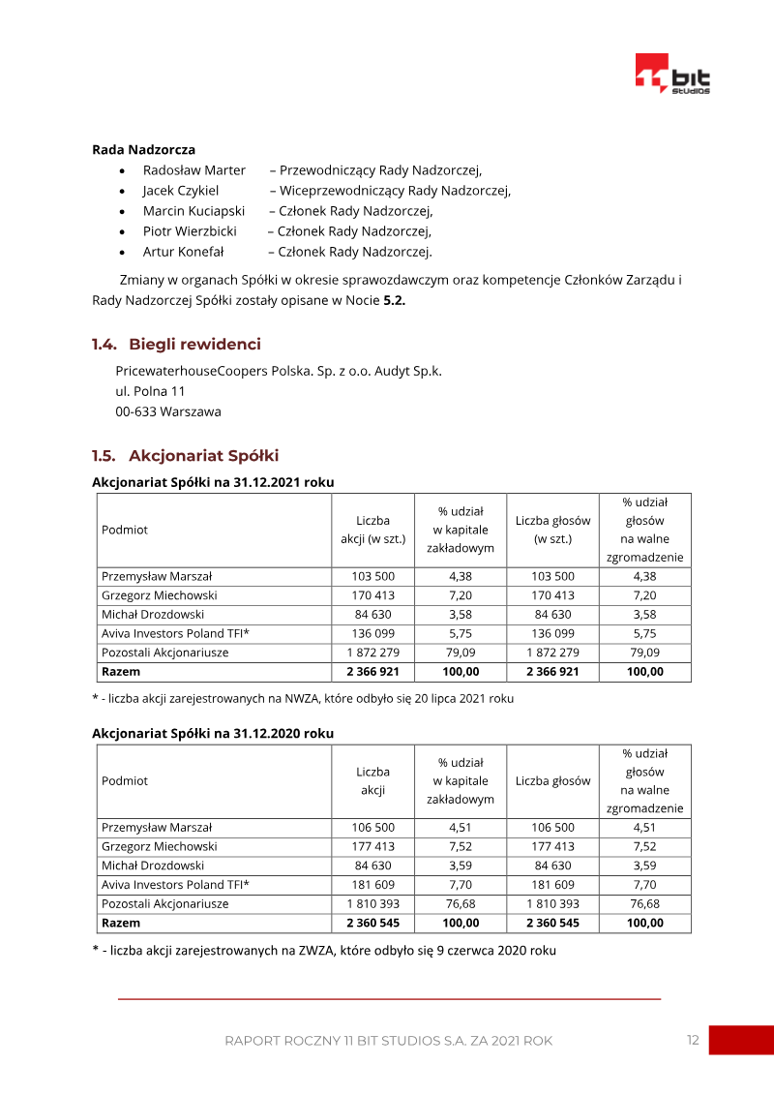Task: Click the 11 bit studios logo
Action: [672, 75]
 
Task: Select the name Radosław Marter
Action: [193, 170]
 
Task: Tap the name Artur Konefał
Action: [183, 252]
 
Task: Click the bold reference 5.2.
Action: [394, 300]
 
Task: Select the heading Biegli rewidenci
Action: [194, 345]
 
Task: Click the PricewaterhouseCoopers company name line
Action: [279, 371]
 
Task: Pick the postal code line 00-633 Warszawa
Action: [167, 411]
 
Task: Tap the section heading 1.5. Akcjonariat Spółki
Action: [185, 456]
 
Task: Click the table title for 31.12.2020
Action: [213, 733]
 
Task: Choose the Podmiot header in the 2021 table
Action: [125, 530]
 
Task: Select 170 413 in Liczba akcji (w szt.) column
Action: [372, 595]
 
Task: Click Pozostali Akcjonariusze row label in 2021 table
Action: [164, 653]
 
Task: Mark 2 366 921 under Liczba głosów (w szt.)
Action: [552, 671]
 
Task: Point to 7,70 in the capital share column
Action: [461, 885]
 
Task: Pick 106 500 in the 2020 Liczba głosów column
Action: [552, 828]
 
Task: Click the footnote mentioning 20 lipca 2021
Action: [303, 698]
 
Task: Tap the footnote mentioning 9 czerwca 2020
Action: [324, 951]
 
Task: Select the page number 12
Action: [693, 1040]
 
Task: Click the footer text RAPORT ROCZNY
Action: [388, 1041]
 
